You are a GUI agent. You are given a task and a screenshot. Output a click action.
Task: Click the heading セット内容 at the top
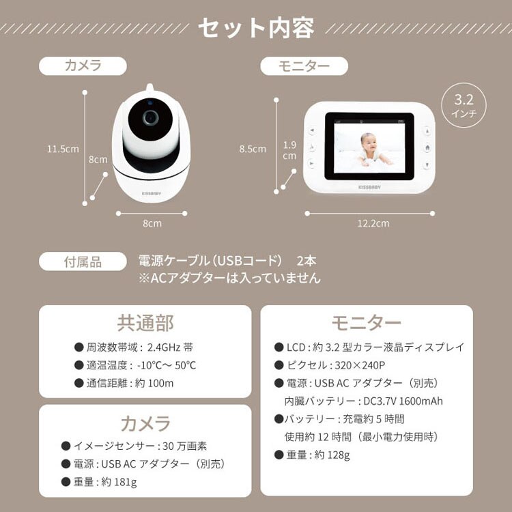pyautogui.click(x=256, y=29)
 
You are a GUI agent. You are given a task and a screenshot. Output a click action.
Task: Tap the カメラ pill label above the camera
pyautogui.click(x=83, y=66)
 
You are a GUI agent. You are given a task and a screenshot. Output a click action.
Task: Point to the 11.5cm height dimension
pyautogui.click(x=63, y=148)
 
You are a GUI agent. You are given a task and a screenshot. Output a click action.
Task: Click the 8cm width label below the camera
pyautogui.click(x=152, y=223)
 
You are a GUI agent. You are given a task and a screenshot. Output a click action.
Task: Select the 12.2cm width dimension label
pyautogui.click(x=373, y=223)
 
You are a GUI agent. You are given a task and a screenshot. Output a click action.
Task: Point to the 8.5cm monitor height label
pyautogui.click(x=253, y=149)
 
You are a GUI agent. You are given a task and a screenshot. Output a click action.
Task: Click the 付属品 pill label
pyautogui.click(x=83, y=261)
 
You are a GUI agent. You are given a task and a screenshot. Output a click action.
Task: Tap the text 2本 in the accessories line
pyautogui.click(x=307, y=261)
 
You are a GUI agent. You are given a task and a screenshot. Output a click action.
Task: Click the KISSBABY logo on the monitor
pyautogui.click(x=370, y=184)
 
